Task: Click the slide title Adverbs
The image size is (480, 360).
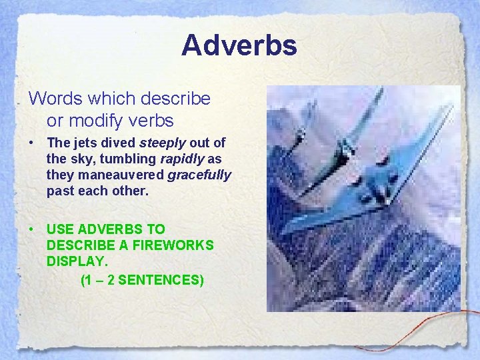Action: click(x=239, y=45)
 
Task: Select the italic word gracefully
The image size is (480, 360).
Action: click(x=199, y=175)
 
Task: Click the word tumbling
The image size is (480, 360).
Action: click(x=131, y=159)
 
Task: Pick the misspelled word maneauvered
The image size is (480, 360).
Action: click(x=121, y=175)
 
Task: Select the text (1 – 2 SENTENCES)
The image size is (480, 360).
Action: click(x=141, y=280)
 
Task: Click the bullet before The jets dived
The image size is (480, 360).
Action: click(x=32, y=143)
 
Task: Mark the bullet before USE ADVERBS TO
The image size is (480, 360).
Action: click(x=32, y=229)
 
